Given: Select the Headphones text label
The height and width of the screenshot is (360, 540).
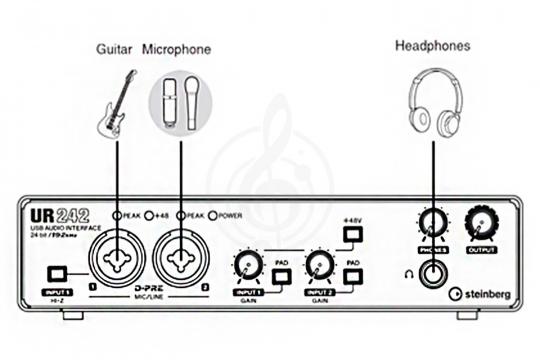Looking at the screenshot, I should pos(432,45).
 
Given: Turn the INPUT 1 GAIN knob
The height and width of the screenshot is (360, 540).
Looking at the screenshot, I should pos(246,266).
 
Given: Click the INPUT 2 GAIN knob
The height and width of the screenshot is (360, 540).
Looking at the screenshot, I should pos(319,266).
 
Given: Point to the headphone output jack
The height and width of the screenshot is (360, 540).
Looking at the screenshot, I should pos(433,272).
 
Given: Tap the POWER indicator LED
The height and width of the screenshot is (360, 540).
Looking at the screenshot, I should pos(205,215).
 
